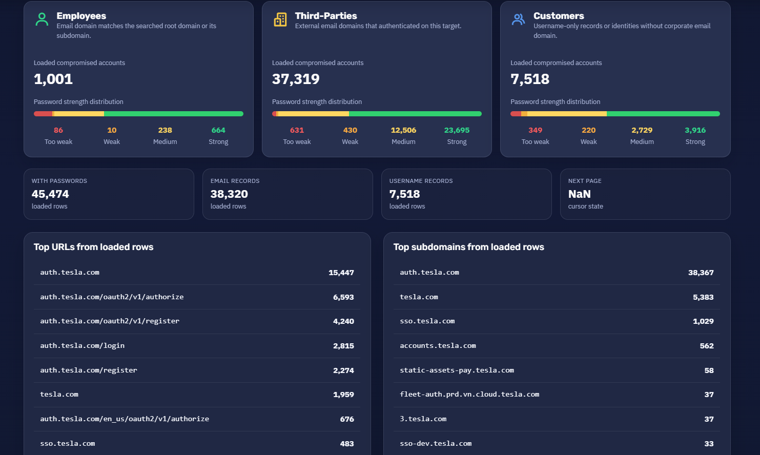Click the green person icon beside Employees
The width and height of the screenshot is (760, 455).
click(42, 19)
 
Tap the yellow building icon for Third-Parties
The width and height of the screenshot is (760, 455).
click(280, 19)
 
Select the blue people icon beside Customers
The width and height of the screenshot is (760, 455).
click(518, 19)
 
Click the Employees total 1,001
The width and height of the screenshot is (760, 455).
click(53, 79)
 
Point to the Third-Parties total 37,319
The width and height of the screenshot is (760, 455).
click(296, 79)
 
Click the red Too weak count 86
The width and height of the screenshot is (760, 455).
click(58, 130)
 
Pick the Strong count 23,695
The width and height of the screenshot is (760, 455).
click(457, 130)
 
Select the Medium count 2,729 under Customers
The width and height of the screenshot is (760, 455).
click(642, 130)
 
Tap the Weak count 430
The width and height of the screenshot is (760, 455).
click(350, 130)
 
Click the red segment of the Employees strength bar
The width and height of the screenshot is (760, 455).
click(43, 114)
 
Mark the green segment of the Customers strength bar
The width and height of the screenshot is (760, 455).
click(663, 114)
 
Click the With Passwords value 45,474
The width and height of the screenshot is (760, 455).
click(50, 194)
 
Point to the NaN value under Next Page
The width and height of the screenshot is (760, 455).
click(580, 194)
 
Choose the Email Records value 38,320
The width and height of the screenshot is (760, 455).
click(229, 194)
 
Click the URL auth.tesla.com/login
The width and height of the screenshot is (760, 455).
click(83, 345)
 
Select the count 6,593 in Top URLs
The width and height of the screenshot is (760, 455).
click(343, 297)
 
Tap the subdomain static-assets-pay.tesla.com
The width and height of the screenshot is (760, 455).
click(457, 370)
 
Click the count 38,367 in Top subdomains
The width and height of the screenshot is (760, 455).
click(701, 273)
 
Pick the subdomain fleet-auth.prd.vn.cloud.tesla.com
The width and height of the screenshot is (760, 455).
click(469, 394)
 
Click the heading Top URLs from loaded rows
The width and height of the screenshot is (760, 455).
click(94, 247)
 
